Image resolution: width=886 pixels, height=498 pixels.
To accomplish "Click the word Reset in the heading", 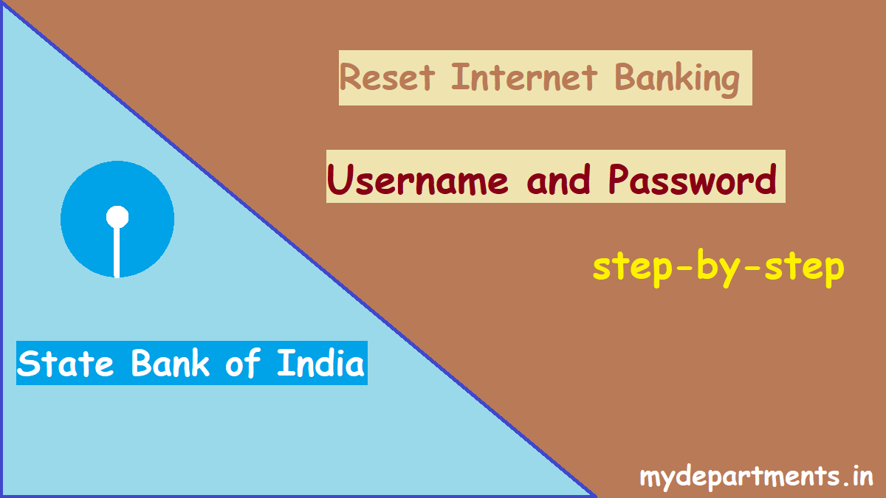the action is [387, 77].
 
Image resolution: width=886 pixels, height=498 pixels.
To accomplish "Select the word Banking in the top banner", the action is [676, 80].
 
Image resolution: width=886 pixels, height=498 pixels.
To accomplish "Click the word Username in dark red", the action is [417, 180].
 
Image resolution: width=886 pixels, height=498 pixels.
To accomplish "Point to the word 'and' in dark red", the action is [558, 180].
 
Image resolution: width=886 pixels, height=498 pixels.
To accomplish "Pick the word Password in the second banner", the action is [693, 180].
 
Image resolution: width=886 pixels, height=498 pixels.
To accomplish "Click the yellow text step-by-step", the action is [718, 268].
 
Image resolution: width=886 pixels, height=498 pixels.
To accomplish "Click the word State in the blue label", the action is [65, 363].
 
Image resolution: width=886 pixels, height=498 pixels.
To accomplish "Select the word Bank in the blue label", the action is [170, 363].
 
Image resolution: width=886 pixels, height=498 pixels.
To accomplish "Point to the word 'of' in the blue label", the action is [243, 363].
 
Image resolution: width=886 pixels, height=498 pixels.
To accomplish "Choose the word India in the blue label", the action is [320, 362].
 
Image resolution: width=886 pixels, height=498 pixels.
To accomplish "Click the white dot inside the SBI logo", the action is [117, 217].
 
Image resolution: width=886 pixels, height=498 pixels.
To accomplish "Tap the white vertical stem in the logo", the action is [117, 252].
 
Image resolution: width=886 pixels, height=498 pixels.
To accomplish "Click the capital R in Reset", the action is [350, 77].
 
